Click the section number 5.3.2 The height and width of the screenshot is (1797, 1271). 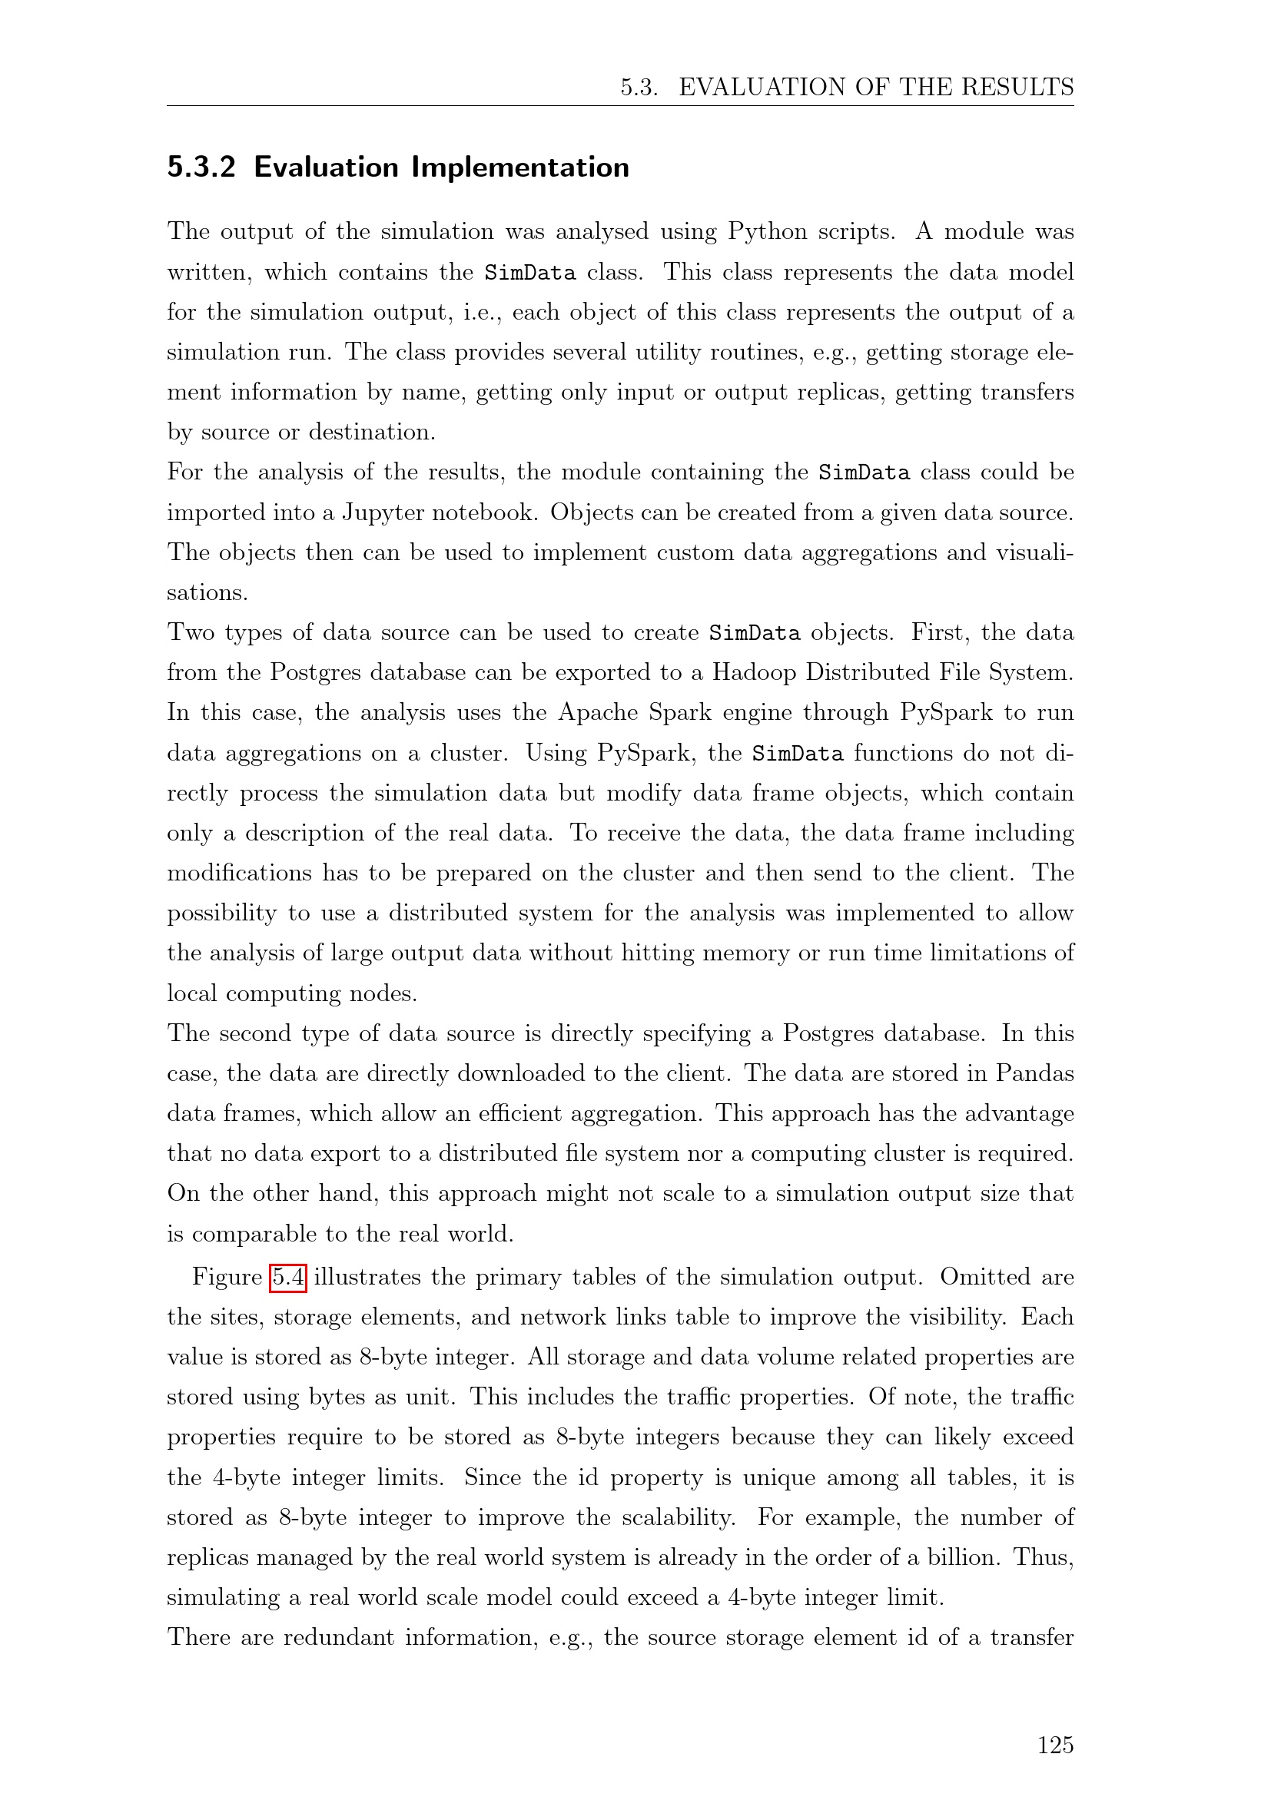coord(201,167)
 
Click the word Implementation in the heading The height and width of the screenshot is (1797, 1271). coord(520,167)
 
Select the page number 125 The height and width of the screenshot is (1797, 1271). coord(1055,1745)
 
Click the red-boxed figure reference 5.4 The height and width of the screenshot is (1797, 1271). coord(288,1278)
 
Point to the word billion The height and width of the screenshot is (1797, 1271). coord(964,1557)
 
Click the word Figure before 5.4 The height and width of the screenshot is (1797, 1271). coord(227,1278)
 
